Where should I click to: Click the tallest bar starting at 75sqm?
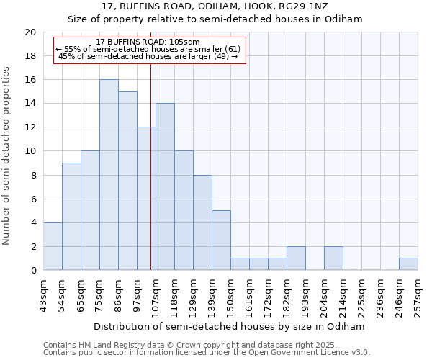coord(109,175)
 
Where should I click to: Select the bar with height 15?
coord(127,181)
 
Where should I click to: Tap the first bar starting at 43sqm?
coord(53,246)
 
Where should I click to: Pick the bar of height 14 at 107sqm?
coord(165,186)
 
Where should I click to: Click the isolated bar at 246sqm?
coord(408,264)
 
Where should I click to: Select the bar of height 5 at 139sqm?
coord(221,240)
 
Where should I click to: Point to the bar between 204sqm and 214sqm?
coord(333,258)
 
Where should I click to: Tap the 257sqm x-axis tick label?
coord(418,296)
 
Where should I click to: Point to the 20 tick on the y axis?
coord(30,32)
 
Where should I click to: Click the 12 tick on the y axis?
coord(30,127)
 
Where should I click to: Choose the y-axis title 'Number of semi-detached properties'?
coord(7,156)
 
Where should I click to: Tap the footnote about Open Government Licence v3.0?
coord(207,353)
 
